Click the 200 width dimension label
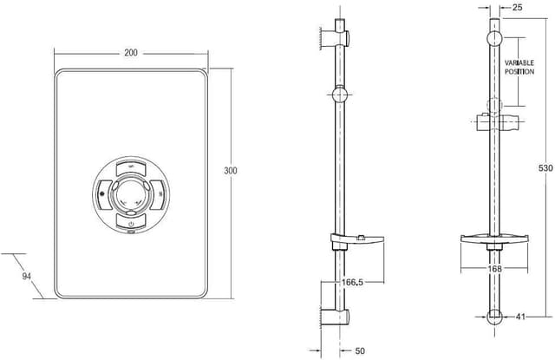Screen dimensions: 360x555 [131, 53]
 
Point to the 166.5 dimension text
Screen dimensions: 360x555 [327, 283]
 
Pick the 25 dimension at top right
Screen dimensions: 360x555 [518, 8]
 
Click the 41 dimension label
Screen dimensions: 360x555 [520, 317]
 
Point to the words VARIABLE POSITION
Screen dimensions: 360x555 [519, 68]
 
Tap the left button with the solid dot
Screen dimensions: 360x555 [103, 193]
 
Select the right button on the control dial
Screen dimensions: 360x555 [159, 193]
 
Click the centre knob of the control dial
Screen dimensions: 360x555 [131, 193]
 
